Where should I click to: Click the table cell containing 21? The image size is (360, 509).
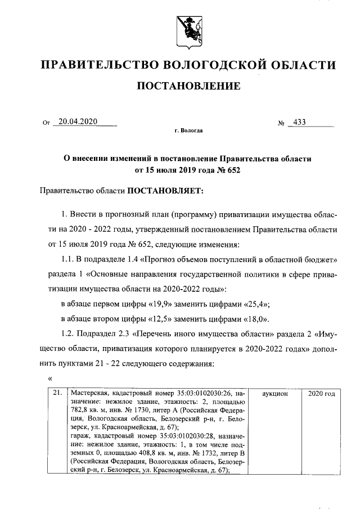56,394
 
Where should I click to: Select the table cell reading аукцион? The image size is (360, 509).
275,394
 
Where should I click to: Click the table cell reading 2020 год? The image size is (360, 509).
322,394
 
